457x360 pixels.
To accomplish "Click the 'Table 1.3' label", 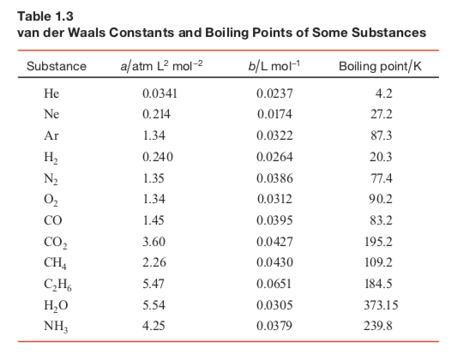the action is click(45, 16).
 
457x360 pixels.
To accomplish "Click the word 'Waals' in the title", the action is click(87, 33).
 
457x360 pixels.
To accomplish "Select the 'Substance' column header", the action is click(57, 66).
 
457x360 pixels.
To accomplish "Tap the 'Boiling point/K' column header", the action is click(380, 66).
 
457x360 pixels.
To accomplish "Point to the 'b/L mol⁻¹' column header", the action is click(274, 66).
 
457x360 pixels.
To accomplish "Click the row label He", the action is click(51, 93).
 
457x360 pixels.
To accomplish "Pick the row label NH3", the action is click(56, 327).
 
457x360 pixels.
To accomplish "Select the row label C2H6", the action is click(57, 285).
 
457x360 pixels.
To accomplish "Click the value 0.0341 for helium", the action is click(159, 93).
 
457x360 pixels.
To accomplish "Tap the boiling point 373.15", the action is click(381, 305).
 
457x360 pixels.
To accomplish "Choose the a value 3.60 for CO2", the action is click(153, 242).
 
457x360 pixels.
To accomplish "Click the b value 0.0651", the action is click(274, 284).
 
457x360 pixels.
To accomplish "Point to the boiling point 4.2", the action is click(384, 93).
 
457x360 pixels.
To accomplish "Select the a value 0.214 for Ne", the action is click(156, 114).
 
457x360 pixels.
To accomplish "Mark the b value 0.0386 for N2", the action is click(274, 178).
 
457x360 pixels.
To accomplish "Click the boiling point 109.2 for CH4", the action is click(378, 262).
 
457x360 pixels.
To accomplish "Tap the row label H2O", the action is click(56, 305).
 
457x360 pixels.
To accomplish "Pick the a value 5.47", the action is click(153, 284).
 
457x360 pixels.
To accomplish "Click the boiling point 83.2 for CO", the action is click(381, 220).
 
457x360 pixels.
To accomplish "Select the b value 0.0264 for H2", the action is click(274, 157).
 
